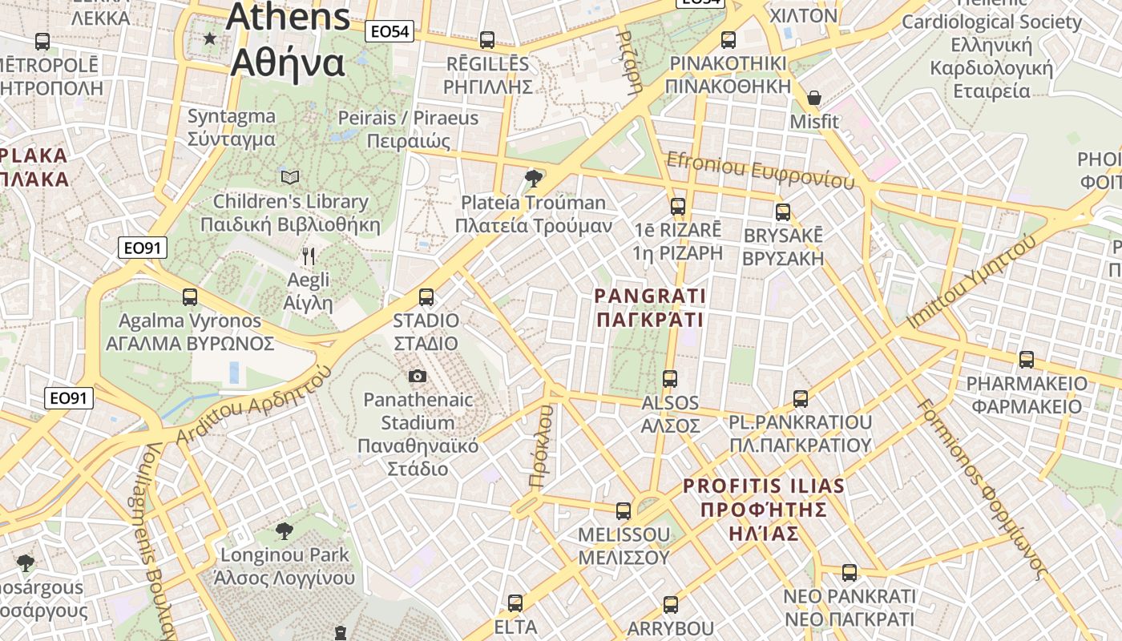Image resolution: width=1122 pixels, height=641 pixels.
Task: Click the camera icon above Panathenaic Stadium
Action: click(x=417, y=376)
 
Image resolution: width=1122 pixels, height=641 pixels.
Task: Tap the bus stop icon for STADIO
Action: click(x=426, y=297)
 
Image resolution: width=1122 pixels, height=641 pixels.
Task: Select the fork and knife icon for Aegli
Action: click(x=309, y=256)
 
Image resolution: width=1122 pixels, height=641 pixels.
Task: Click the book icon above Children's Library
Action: click(x=290, y=177)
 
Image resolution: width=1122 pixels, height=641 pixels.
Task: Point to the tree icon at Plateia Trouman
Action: click(x=532, y=178)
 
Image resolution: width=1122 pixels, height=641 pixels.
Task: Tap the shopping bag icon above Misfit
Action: click(x=814, y=98)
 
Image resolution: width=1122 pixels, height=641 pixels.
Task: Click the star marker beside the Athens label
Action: click(x=210, y=38)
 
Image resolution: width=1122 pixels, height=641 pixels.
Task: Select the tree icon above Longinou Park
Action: click(x=284, y=530)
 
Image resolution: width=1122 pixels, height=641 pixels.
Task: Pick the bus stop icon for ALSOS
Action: click(x=670, y=378)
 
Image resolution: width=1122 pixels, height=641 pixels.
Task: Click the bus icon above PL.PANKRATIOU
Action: click(x=800, y=398)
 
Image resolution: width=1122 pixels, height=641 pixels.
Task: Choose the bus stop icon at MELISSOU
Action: click(x=624, y=510)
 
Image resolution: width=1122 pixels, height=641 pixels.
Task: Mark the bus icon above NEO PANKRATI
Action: click(x=850, y=573)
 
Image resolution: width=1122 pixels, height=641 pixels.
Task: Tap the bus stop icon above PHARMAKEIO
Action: click(x=1027, y=359)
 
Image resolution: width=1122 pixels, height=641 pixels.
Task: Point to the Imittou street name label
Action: click(x=971, y=281)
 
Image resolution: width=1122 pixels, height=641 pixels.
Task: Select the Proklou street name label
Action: click(x=542, y=446)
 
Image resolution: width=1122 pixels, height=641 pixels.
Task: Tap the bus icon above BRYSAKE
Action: click(x=783, y=212)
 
